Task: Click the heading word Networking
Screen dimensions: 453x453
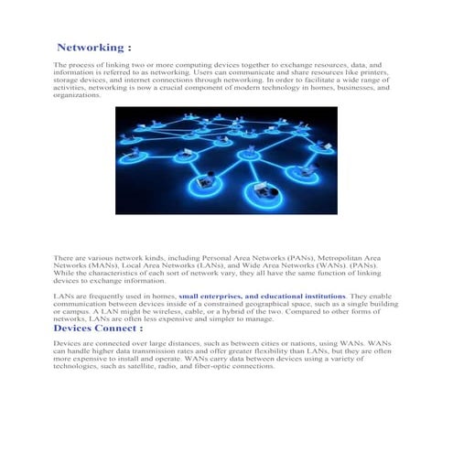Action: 88,47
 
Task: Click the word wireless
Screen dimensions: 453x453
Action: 168,312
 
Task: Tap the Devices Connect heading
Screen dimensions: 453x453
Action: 98,328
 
